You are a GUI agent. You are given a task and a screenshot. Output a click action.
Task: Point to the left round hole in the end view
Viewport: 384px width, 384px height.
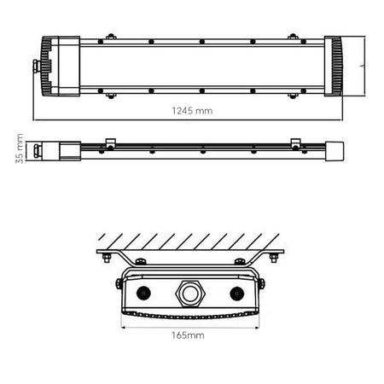point(142,292)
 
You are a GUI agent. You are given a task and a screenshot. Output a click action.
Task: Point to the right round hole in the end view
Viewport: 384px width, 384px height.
point(236,292)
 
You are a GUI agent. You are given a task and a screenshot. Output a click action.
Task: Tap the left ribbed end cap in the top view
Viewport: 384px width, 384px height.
point(54,66)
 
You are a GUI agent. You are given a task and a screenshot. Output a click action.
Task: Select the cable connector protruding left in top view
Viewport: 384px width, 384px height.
point(36,65)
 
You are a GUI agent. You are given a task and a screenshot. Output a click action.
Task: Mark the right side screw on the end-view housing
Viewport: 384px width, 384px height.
point(261,282)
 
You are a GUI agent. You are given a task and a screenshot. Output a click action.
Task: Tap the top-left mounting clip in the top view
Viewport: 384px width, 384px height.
point(109,38)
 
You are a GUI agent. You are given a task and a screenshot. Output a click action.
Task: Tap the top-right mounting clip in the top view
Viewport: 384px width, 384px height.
point(294,38)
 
